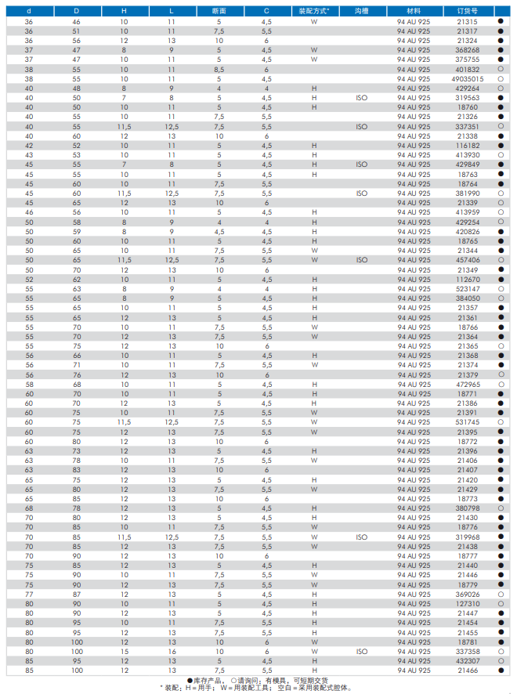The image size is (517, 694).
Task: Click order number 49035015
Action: (468, 79)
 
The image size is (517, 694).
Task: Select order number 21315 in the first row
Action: (468, 21)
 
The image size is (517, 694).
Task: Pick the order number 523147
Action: (468, 289)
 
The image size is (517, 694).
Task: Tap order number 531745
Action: (468, 422)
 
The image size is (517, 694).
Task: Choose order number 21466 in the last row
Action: (468, 671)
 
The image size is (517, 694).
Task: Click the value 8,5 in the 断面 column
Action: (219, 69)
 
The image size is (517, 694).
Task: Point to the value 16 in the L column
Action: (172, 652)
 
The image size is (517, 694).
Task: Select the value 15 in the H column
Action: (124, 652)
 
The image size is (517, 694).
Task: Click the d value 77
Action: (29, 595)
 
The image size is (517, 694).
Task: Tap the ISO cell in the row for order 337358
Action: (361, 652)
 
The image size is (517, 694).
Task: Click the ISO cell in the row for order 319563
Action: (361, 98)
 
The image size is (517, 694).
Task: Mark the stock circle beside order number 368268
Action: (500, 50)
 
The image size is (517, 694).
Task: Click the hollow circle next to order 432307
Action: (500, 661)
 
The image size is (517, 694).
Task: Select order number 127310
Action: (468, 604)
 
